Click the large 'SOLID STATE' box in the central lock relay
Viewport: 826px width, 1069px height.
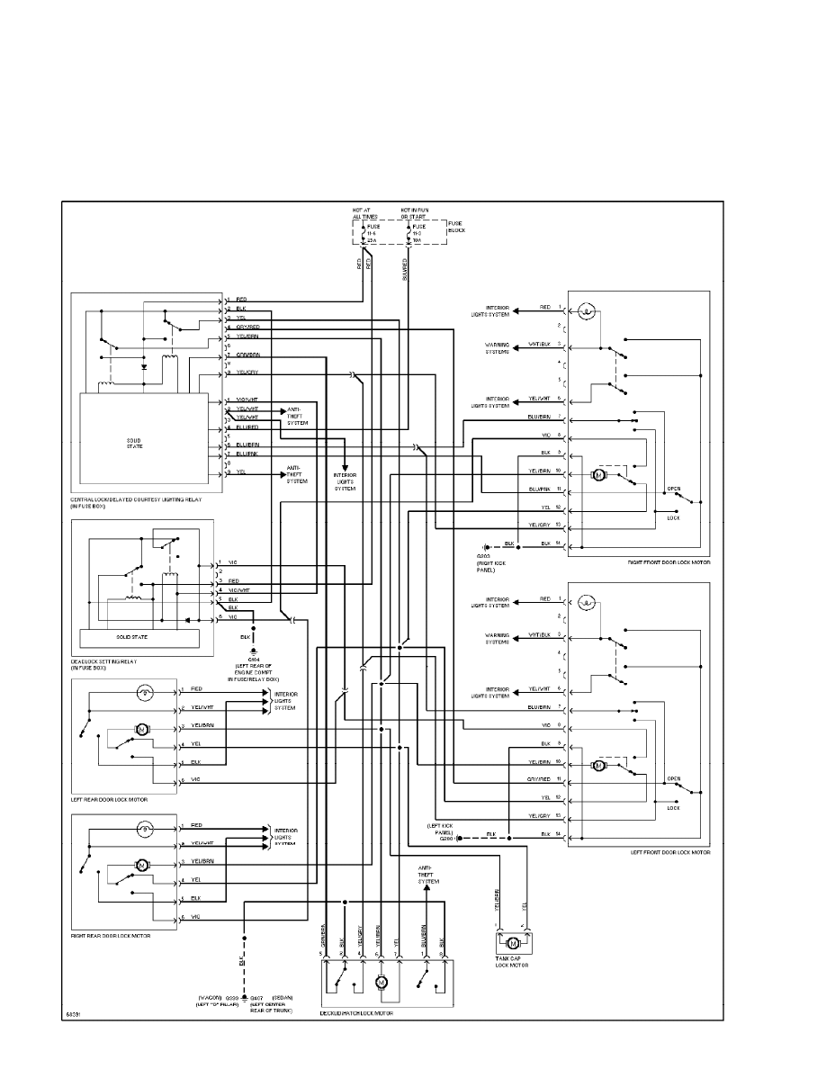pos(134,443)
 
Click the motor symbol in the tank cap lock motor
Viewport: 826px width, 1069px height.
pos(513,943)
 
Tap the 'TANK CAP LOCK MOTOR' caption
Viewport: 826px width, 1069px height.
pos(513,964)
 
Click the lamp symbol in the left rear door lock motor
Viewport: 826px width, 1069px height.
pos(145,692)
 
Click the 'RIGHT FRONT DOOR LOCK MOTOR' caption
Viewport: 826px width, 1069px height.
pos(669,561)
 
